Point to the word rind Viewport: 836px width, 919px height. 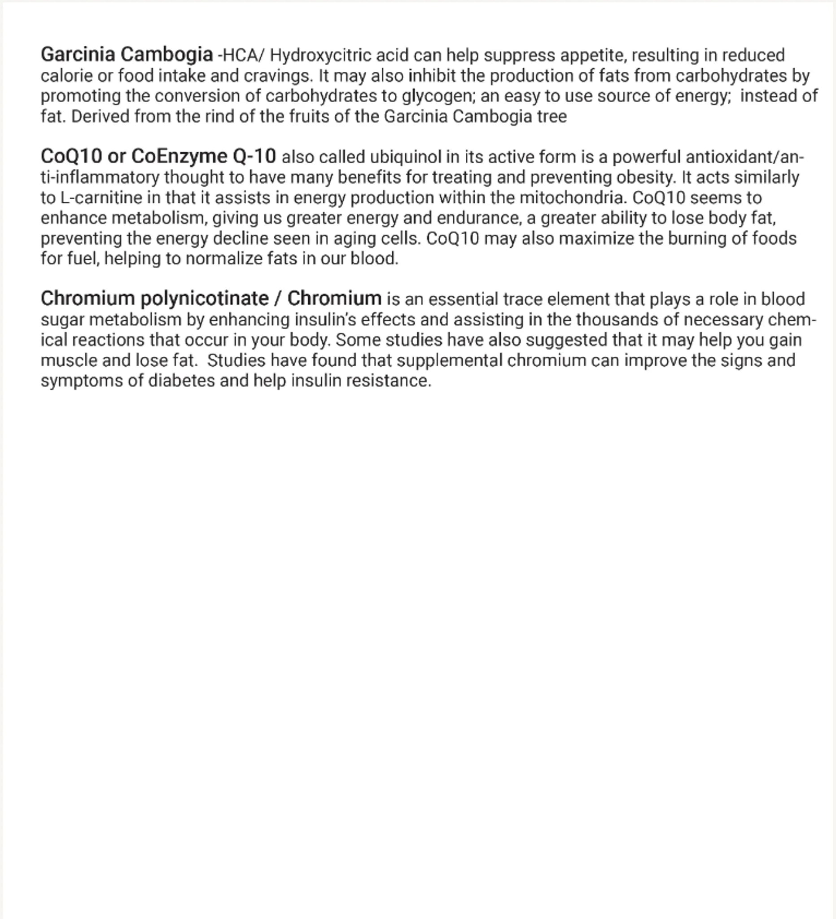(219, 116)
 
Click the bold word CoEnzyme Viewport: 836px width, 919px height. (179, 156)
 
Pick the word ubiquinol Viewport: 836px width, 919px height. (405, 157)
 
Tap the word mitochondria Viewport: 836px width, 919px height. (573, 198)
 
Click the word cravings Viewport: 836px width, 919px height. (279, 76)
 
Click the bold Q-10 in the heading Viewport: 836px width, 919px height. (254, 156)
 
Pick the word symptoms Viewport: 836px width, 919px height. (82, 381)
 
